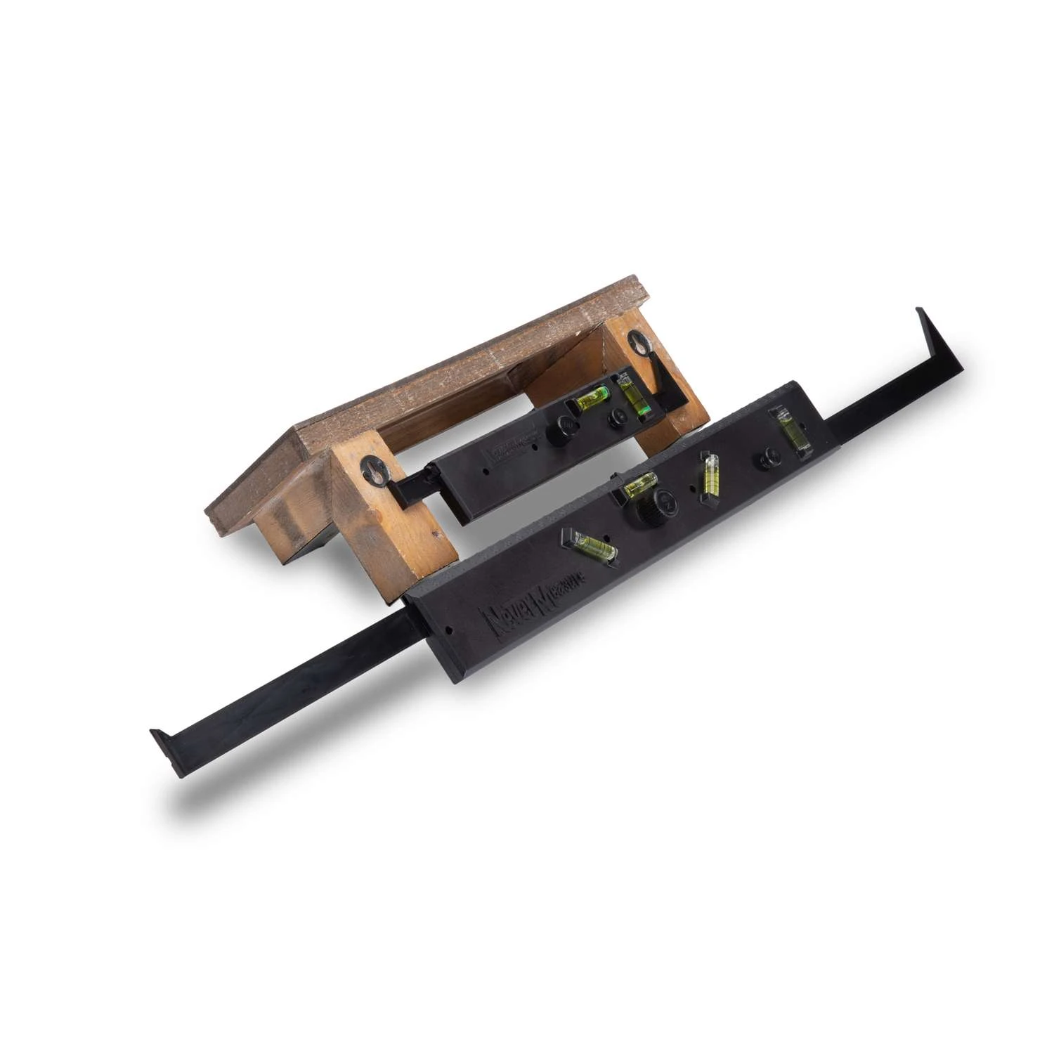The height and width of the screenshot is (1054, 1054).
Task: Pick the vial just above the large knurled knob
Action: pyautogui.click(x=637, y=485)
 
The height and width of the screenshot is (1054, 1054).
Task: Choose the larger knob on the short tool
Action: pyautogui.click(x=562, y=429)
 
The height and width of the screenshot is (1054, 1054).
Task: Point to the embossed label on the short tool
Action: pyautogui.click(x=500, y=448)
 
